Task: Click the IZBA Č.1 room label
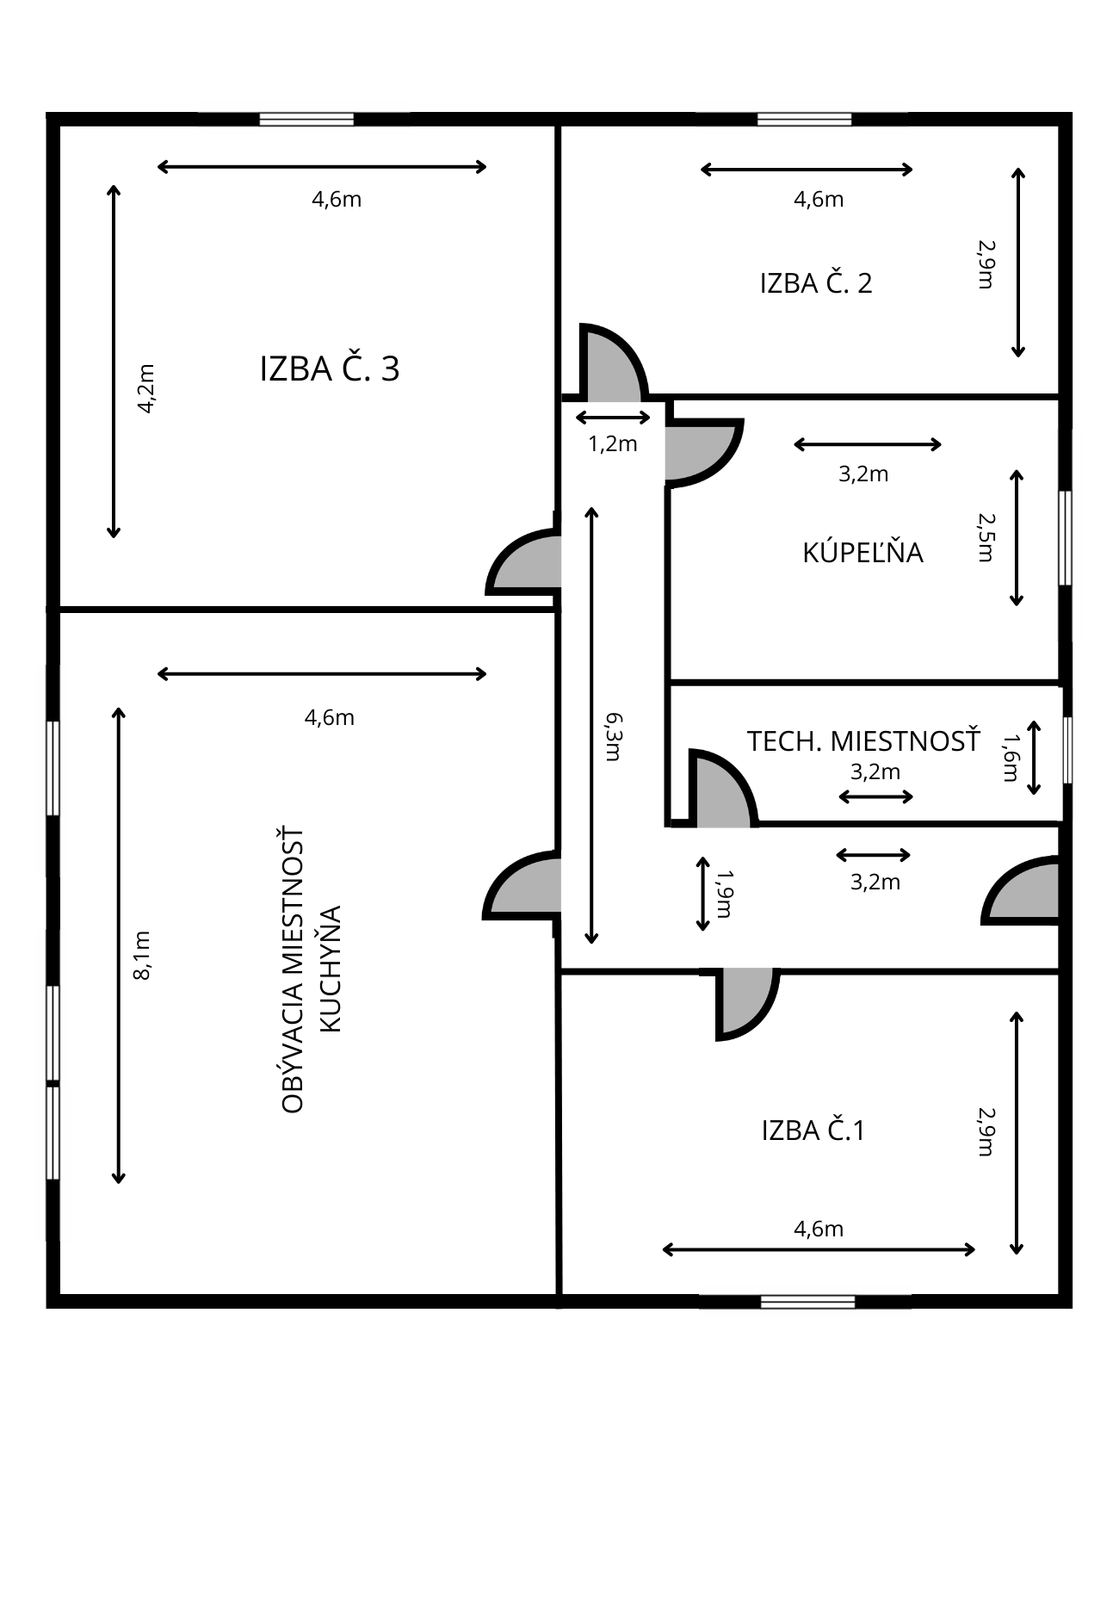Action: (x=813, y=1129)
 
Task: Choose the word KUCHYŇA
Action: (x=331, y=968)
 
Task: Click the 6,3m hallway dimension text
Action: (x=613, y=736)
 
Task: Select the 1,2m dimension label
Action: (x=613, y=443)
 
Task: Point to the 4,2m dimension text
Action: (x=146, y=388)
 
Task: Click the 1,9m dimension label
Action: (x=724, y=894)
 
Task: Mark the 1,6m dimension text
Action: (x=1011, y=758)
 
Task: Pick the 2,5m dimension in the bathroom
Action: (x=986, y=537)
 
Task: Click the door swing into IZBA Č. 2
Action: (x=613, y=363)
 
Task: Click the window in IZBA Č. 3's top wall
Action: (x=306, y=119)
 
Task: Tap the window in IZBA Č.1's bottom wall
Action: (x=807, y=1301)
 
